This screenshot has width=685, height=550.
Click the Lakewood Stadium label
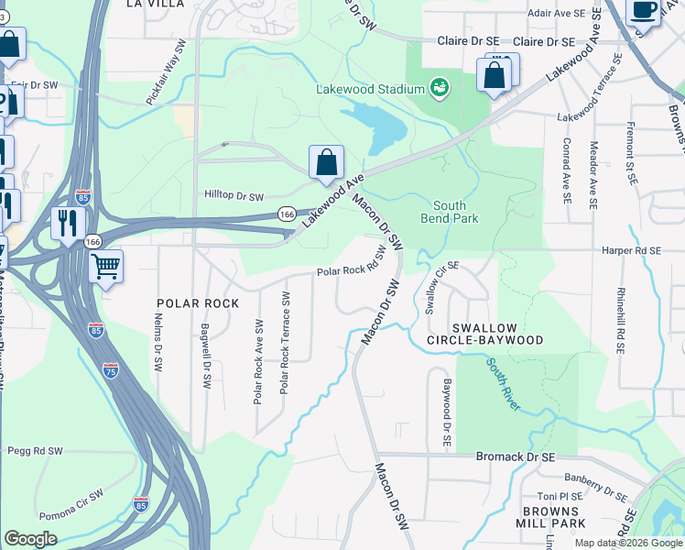click(370, 89)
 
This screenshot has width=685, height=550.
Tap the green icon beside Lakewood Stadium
click(440, 88)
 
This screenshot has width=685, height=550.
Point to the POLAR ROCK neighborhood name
click(198, 303)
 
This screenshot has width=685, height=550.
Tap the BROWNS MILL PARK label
click(554, 517)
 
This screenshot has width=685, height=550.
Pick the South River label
click(505, 383)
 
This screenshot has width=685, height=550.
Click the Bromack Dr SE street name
click(516, 456)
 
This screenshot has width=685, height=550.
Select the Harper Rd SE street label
click(631, 250)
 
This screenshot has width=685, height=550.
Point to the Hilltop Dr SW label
click(234, 196)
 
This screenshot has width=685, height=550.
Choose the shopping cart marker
click(106, 267)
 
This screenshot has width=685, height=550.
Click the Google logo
click(30, 539)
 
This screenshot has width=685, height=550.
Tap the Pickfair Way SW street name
click(166, 71)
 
